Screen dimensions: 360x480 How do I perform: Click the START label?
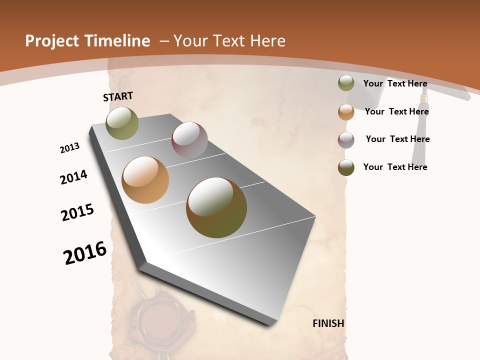(118, 96)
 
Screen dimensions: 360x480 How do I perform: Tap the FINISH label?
(328, 323)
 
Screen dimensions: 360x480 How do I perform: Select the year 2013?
(69, 148)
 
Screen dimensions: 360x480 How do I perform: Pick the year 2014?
(73, 177)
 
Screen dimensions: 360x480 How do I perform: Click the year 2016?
(85, 253)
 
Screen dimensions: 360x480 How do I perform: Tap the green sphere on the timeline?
(122, 123)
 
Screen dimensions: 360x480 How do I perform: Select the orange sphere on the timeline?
(145, 180)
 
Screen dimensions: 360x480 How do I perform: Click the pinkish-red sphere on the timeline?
(189, 140)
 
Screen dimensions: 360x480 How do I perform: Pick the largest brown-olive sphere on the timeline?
(216, 207)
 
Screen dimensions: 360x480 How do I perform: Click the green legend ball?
(346, 83)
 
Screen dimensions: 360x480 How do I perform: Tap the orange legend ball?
(346, 112)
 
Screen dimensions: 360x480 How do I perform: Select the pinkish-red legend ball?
(346, 140)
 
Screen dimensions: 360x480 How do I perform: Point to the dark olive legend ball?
(346, 167)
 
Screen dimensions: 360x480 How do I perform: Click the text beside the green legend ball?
(395, 84)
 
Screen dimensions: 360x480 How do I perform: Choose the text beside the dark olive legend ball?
(395, 167)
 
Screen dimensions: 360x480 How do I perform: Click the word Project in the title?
(51, 41)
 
